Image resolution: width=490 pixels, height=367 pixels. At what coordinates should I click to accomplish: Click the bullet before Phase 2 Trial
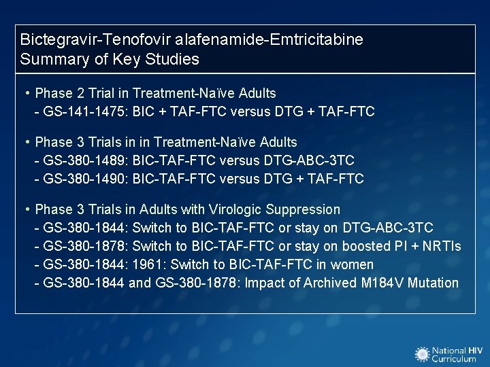pos(26,93)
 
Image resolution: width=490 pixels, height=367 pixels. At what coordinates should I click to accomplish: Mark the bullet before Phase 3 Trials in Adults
pos(26,209)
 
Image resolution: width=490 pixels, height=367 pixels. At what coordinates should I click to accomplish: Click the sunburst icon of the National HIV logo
pos(423,353)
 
